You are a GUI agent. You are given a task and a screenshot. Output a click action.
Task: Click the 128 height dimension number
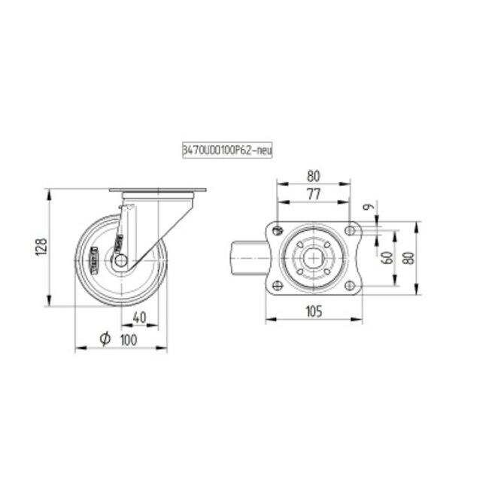point(42,248)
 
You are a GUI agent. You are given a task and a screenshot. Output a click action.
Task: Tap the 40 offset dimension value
point(139,316)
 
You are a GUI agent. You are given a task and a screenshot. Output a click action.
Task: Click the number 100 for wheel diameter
point(129,340)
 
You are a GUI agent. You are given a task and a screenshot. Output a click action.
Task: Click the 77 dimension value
point(314,194)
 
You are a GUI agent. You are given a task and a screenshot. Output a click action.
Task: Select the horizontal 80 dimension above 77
point(314,176)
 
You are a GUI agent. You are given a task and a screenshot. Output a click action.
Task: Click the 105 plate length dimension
point(314,311)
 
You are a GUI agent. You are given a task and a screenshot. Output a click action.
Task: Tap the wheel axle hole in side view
point(120,260)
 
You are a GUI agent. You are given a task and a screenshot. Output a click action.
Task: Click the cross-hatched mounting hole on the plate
point(278,230)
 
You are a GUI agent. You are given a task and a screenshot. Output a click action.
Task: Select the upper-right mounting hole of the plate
point(349,230)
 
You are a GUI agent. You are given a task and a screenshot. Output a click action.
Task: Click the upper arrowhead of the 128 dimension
point(50,193)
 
